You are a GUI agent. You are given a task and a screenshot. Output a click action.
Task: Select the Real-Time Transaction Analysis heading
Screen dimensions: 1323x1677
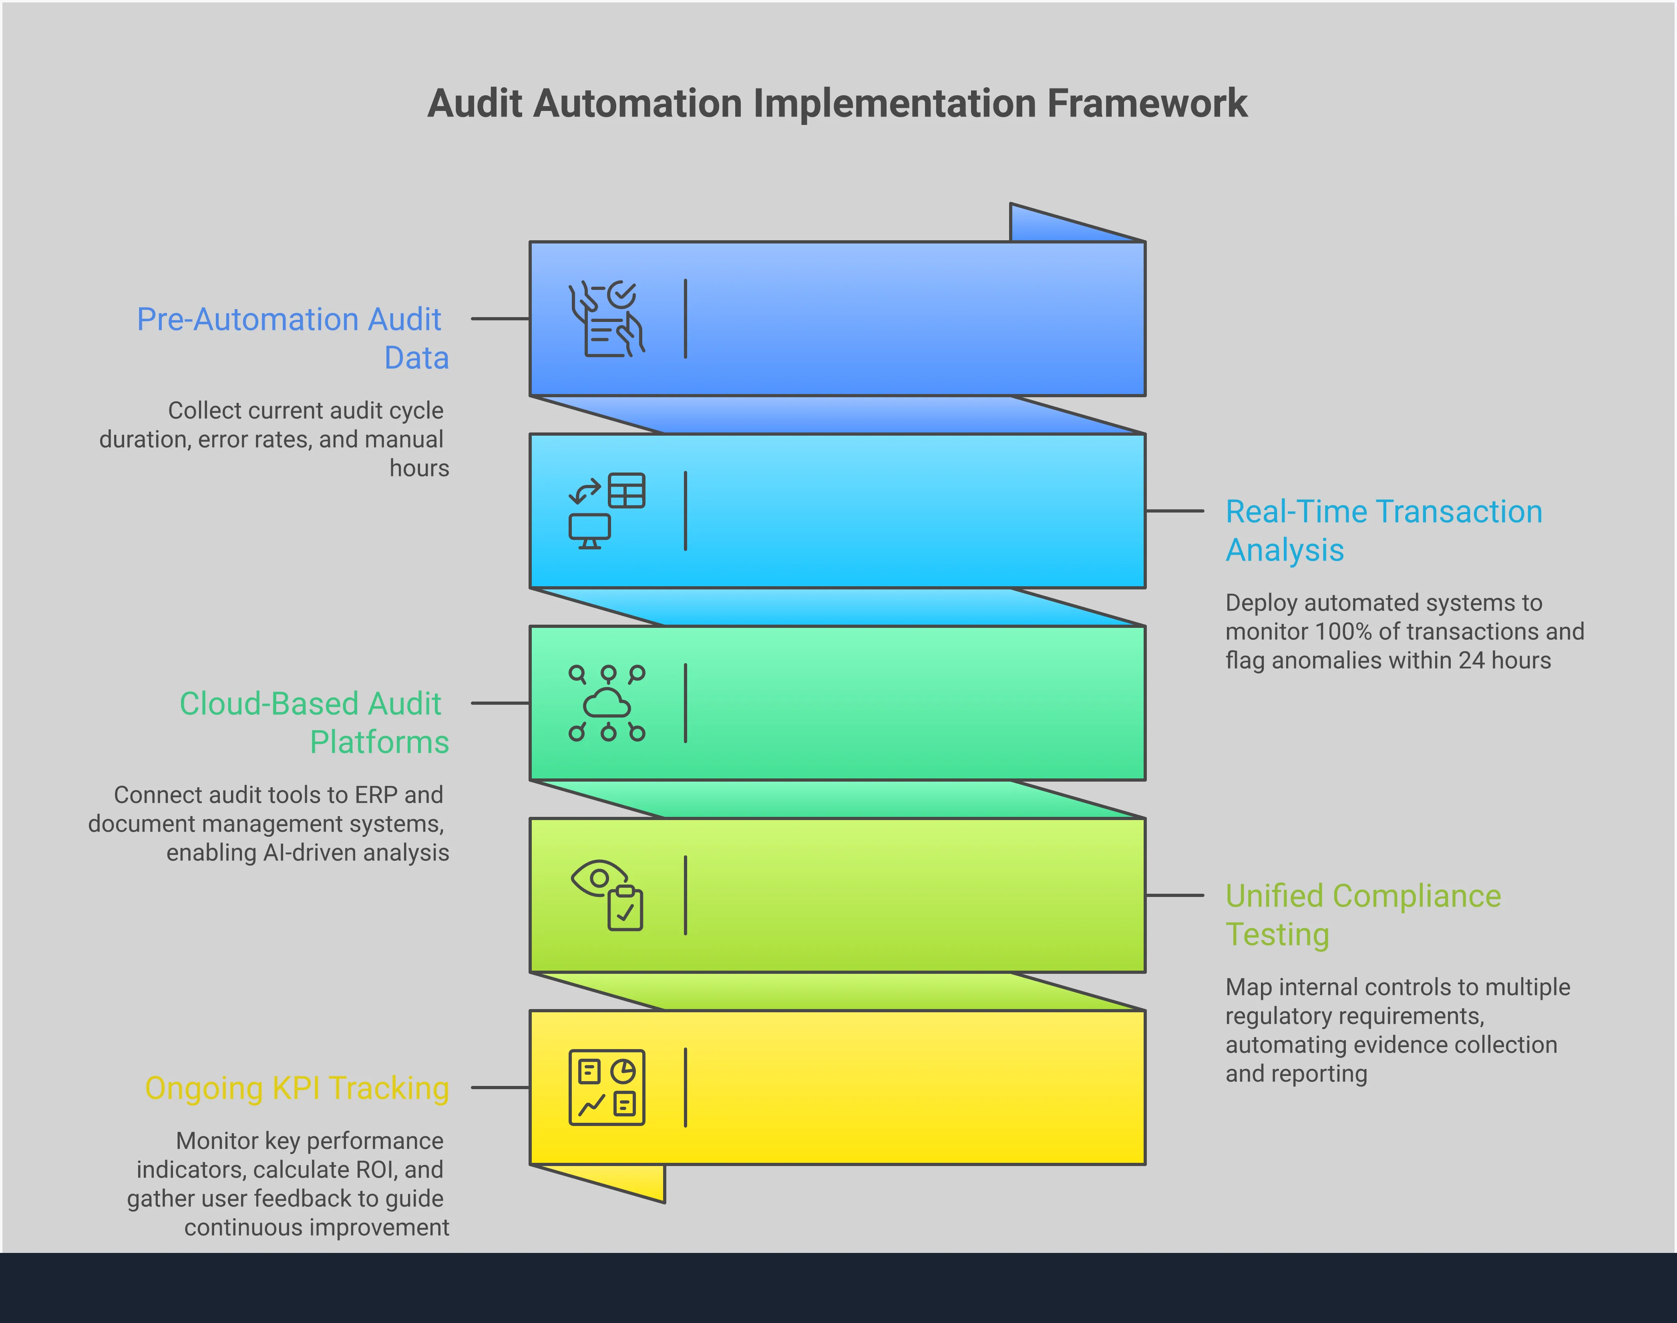click(1383, 531)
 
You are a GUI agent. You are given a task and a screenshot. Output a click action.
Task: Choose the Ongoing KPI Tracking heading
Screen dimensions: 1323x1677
click(297, 1088)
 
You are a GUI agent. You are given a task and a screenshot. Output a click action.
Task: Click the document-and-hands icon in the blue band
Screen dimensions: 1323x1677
click(607, 319)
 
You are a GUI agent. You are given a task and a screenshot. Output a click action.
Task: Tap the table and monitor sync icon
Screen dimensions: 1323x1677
click(607, 511)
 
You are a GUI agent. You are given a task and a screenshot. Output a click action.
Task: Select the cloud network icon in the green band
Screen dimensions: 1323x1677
click(607, 703)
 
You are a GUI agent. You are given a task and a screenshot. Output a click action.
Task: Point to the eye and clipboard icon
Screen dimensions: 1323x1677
click(607, 895)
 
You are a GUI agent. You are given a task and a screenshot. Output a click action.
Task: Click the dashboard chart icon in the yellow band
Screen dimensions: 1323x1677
click(607, 1088)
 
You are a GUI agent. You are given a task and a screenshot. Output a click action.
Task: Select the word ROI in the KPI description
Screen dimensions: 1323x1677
click(374, 1170)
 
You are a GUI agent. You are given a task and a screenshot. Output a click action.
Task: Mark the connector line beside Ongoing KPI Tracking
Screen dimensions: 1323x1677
click(500, 1088)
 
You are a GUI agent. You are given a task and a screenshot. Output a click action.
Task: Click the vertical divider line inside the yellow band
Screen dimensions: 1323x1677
click(686, 1088)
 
